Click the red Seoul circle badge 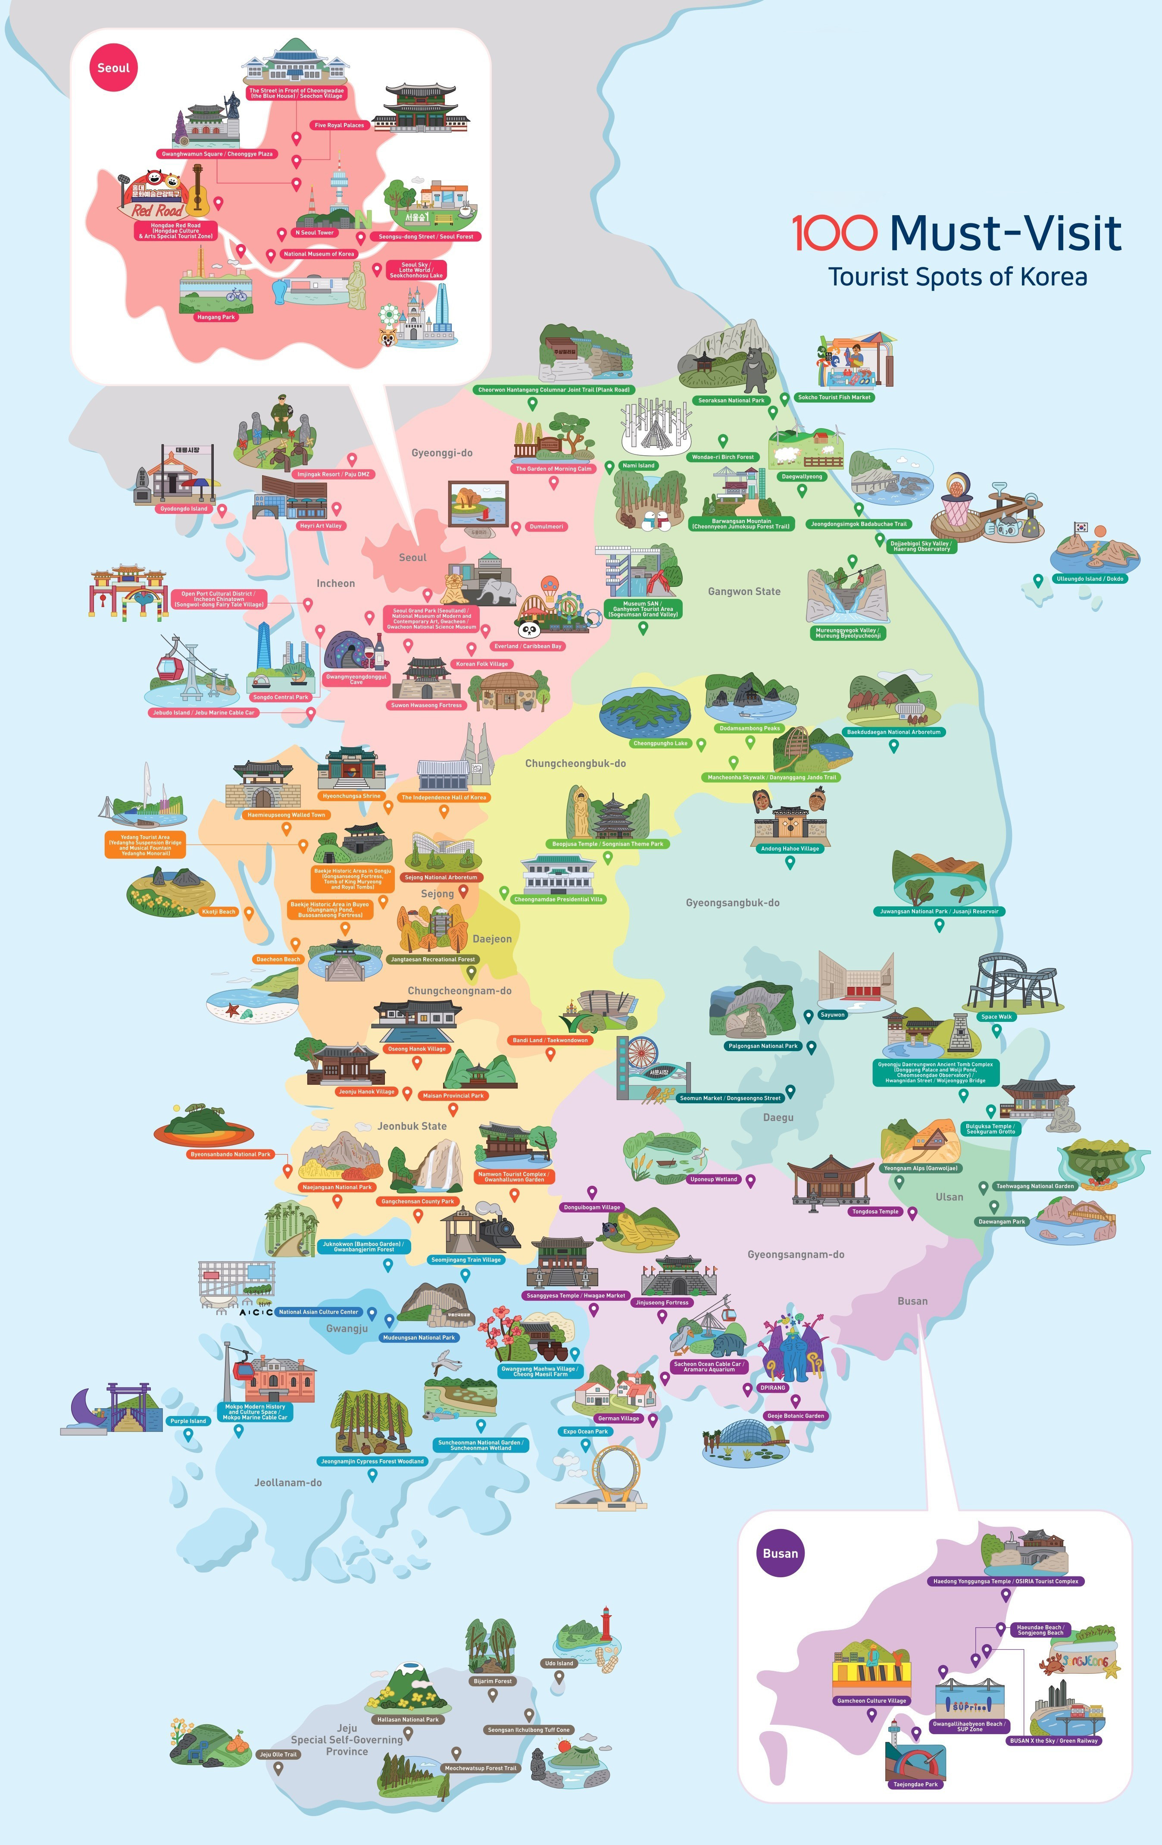(113, 67)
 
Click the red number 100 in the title (834, 233)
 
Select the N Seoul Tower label (314, 232)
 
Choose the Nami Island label (638, 465)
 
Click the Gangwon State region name (744, 592)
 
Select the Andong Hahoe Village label (790, 848)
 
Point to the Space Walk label (996, 1017)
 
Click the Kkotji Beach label (218, 912)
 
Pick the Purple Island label (187, 1421)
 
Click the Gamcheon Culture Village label (871, 1700)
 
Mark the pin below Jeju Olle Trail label (278, 1768)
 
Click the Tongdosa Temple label (875, 1211)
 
